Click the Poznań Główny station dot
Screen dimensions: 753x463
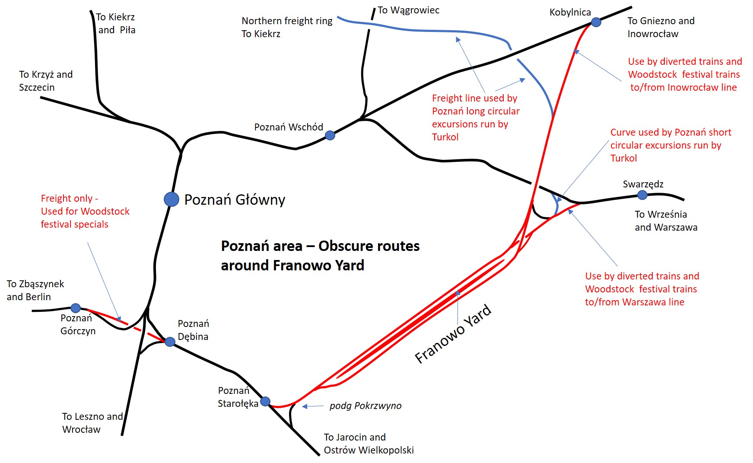(x=172, y=199)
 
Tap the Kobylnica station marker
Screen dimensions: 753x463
(x=596, y=22)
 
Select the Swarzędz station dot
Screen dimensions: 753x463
(x=642, y=195)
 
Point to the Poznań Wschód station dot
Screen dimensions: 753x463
(x=330, y=136)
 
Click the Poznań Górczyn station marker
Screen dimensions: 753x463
(x=76, y=308)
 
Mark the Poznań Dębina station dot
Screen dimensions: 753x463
(x=170, y=342)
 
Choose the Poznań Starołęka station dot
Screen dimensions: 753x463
(x=265, y=401)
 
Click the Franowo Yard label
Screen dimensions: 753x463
(x=453, y=334)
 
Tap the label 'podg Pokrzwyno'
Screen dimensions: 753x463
(x=365, y=406)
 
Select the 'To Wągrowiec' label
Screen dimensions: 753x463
(x=408, y=10)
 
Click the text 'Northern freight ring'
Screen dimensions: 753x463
(x=287, y=21)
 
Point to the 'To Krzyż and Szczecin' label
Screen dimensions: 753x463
(x=46, y=81)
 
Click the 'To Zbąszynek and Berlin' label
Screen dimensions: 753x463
(x=35, y=290)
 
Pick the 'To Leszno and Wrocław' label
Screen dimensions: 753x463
(x=92, y=423)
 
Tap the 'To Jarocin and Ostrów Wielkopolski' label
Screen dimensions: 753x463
(x=369, y=444)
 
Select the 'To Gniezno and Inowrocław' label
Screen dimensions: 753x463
(x=661, y=27)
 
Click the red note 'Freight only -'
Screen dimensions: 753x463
(x=70, y=199)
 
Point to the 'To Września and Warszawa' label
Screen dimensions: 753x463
(x=666, y=221)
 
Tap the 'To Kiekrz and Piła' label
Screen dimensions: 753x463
(x=115, y=23)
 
